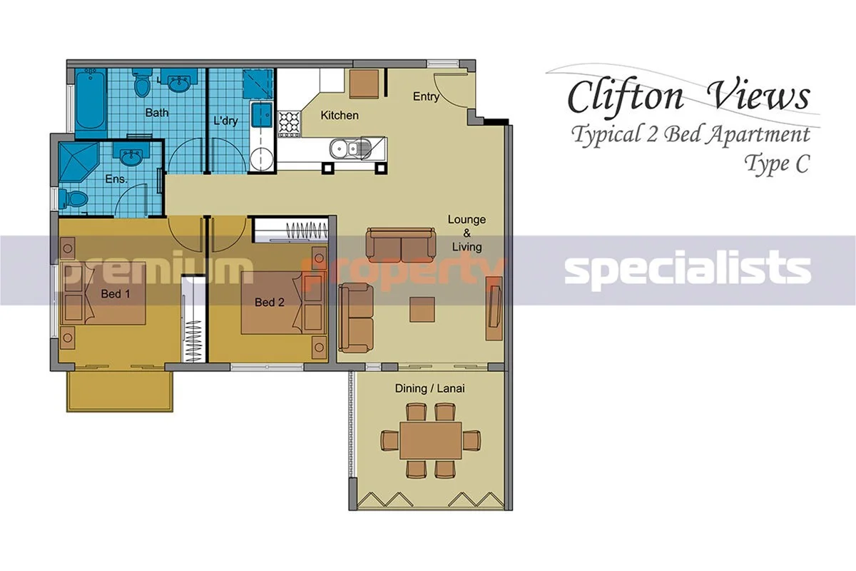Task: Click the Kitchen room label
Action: pos(340,115)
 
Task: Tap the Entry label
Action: pos(426,96)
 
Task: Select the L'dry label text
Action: pos(225,121)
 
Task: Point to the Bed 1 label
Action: pos(116,294)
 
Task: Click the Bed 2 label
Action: pos(270,302)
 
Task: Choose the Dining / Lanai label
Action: pos(430,388)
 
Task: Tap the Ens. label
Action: pos(116,179)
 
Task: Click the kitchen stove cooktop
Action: pos(290,123)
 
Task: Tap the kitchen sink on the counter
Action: pos(350,148)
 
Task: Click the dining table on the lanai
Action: pos(431,440)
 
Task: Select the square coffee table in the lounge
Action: pos(422,309)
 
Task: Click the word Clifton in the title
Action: pos(625,96)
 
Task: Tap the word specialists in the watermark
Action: pos(688,270)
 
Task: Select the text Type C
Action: pos(777,164)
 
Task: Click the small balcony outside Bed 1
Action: pos(120,391)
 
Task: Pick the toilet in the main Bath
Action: pos(142,84)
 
